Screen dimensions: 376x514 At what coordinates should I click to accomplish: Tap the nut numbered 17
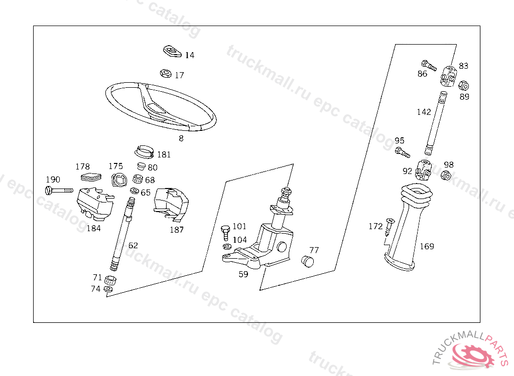[x=165, y=74]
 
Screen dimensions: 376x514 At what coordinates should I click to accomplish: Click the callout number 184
[x=93, y=228]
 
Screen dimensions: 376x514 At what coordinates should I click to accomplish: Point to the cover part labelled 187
[x=171, y=203]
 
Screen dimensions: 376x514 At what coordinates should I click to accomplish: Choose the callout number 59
[x=243, y=274]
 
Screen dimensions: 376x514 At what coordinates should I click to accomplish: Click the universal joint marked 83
[x=448, y=76]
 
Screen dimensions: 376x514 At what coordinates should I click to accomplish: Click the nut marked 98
[x=445, y=175]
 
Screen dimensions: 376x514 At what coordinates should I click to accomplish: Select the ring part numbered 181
[x=145, y=150]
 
